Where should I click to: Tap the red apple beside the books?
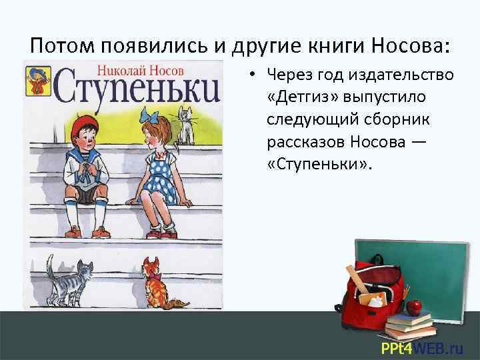(414, 306)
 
